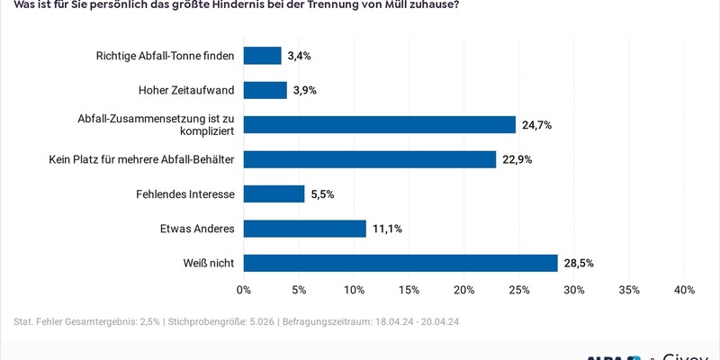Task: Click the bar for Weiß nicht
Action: pos(400,263)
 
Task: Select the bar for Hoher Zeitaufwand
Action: pos(265,90)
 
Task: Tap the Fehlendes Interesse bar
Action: pos(274,193)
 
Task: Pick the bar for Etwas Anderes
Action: pos(305,229)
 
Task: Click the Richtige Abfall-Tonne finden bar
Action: pos(263,56)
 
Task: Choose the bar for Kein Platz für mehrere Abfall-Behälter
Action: pos(370,159)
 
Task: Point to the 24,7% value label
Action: pos(536,125)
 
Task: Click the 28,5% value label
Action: pos(579,263)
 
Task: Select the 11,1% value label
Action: pos(386,229)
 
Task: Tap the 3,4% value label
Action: pos(300,56)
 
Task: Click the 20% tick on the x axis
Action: pos(464,290)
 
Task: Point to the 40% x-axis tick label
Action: pos(684,290)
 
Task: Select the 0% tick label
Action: pos(244,290)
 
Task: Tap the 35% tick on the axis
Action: pos(629,290)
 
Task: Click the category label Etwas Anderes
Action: pos(196,229)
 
